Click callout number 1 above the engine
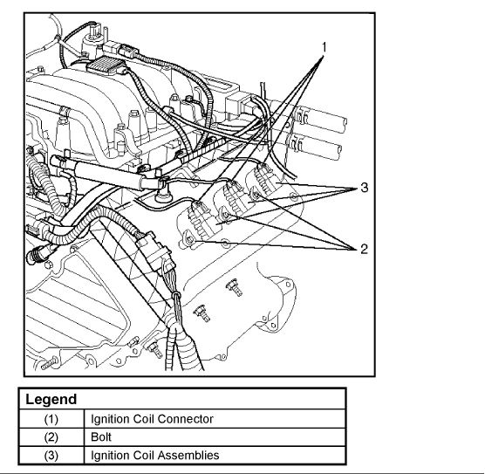pyautogui.click(x=324, y=48)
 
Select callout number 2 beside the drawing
pyautogui.click(x=364, y=249)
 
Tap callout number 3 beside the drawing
pyautogui.click(x=365, y=188)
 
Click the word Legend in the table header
pyautogui.click(x=51, y=400)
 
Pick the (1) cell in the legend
pyautogui.click(x=51, y=419)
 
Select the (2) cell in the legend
pyautogui.click(x=51, y=437)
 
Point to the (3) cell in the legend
pyautogui.click(x=51, y=456)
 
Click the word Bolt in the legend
pyautogui.click(x=101, y=436)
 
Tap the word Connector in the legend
pyautogui.click(x=185, y=419)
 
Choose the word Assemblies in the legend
pyautogui.click(x=189, y=455)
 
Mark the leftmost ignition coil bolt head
pyautogui.click(x=190, y=239)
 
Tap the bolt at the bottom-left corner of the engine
pyautogui.click(x=50, y=363)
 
